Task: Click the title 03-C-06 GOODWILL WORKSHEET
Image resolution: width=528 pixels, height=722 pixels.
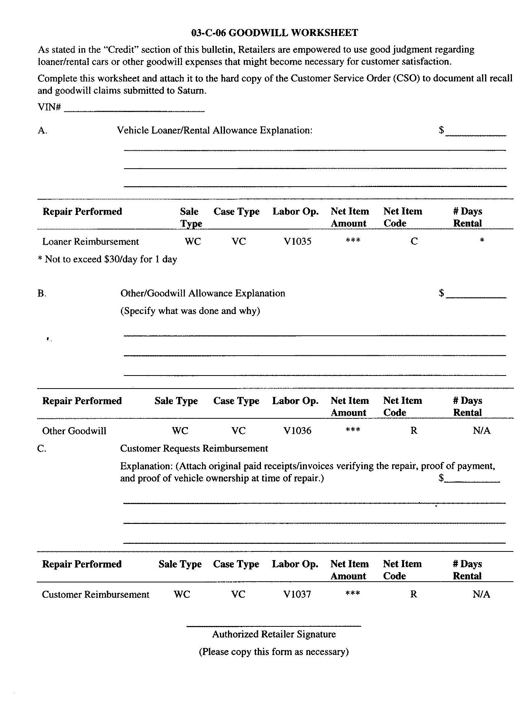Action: pos(274,33)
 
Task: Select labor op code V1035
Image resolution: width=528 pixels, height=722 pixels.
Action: pos(297,241)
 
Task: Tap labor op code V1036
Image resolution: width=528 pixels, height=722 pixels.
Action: pos(297,431)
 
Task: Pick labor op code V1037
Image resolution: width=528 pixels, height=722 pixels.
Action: pos(297,594)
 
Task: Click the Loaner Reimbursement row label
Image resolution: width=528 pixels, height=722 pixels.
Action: pos(91,242)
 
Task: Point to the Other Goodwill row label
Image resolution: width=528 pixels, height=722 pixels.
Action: pos(74,431)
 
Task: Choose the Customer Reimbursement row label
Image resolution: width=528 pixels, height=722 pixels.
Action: pos(96,595)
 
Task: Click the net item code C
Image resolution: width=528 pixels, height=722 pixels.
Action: pos(414,241)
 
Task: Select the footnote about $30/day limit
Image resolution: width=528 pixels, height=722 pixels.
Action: pos(108,259)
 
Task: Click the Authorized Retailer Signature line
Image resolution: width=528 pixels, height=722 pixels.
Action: pos(274,626)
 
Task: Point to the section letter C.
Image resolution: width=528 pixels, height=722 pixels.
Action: pos(42,449)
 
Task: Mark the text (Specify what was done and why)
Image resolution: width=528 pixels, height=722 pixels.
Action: pos(190,311)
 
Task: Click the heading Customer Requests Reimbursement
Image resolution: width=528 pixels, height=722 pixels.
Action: pos(194,449)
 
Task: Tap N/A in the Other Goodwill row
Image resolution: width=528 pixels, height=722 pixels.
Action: pos(481,431)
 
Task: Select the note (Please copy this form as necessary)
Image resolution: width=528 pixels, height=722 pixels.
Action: pos(274,652)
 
